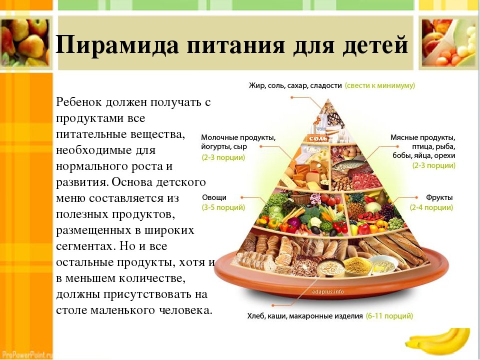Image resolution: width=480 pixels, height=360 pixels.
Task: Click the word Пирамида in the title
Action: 117,45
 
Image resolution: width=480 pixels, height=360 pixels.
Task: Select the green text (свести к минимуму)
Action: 380,85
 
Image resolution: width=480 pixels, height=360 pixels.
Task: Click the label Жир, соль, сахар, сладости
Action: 295,85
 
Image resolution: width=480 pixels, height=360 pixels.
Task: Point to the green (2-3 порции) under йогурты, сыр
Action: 223,157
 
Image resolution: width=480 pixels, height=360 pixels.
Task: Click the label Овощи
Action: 214,197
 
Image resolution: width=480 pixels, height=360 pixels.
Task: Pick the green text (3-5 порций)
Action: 223,207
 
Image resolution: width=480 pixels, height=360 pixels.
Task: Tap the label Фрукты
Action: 439,197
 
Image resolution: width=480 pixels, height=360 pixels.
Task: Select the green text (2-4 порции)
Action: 431,207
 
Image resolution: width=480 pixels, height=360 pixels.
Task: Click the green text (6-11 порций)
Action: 389,315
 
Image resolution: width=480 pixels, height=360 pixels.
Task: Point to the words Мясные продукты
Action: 423,137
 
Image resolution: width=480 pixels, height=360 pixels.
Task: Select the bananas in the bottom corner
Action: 438,341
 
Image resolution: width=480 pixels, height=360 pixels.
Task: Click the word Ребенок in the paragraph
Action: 78,102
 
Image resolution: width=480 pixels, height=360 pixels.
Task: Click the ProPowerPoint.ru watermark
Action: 26,354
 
